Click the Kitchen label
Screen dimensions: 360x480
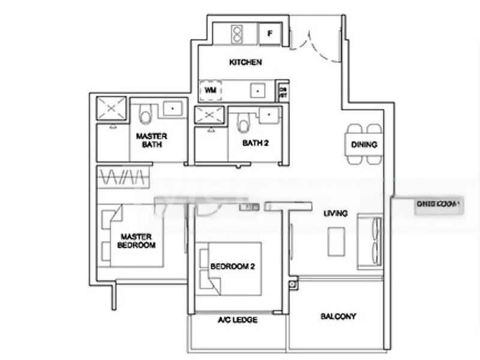[x=245, y=62]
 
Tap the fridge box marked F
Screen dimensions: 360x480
[x=270, y=34]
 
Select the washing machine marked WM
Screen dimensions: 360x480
[x=210, y=90]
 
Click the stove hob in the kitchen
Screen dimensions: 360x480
[x=236, y=33]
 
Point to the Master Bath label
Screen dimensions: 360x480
[x=151, y=140]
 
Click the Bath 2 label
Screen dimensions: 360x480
[x=255, y=143]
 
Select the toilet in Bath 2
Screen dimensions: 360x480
[x=243, y=122]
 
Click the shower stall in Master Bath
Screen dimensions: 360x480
[x=112, y=108]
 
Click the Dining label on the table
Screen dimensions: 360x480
[x=364, y=145]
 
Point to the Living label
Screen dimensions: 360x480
[x=335, y=214]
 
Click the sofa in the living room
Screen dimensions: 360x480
[x=369, y=241]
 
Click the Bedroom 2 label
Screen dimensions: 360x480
[x=232, y=266]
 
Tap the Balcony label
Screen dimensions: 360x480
[x=338, y=316]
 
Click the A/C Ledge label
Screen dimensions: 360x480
[x=238, y=320]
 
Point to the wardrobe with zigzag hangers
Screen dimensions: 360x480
[x=123, y=178]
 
